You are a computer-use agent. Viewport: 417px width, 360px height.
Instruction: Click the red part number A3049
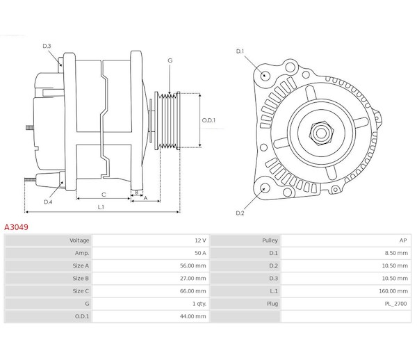(16, 227)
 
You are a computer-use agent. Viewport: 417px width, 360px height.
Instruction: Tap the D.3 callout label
(47, 46)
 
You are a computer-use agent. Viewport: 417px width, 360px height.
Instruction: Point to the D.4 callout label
(48, 202)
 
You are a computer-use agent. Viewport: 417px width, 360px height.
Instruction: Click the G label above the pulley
(170, 60)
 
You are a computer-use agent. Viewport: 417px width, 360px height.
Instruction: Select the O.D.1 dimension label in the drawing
(208, 120)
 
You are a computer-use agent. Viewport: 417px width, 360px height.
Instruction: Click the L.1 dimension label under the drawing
(101, 207)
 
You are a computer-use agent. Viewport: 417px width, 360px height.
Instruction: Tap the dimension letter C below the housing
(104, 195)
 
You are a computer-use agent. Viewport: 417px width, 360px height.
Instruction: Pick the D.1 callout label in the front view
(240, 51)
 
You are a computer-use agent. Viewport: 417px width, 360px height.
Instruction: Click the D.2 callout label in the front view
(240, 213)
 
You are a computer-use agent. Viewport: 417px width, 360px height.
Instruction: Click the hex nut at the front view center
(321, 133)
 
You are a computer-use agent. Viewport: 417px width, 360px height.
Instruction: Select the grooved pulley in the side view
(167, 121)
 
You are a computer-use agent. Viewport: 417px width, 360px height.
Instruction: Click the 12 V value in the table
(200, 240)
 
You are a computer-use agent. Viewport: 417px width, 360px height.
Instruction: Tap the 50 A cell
(200, 253)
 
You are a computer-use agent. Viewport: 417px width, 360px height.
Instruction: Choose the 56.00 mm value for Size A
(193, 265)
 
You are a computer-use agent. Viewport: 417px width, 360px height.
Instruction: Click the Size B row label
(81, 279)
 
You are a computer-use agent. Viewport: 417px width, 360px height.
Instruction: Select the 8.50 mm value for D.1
(396, 253)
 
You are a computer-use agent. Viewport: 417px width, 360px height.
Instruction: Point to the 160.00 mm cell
(393, 291)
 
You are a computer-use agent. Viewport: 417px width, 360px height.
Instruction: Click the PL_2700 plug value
(395, 304)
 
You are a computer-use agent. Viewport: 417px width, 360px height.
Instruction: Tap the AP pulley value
(403, 240)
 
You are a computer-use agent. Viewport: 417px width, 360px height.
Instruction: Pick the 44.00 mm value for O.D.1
(193, 316)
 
